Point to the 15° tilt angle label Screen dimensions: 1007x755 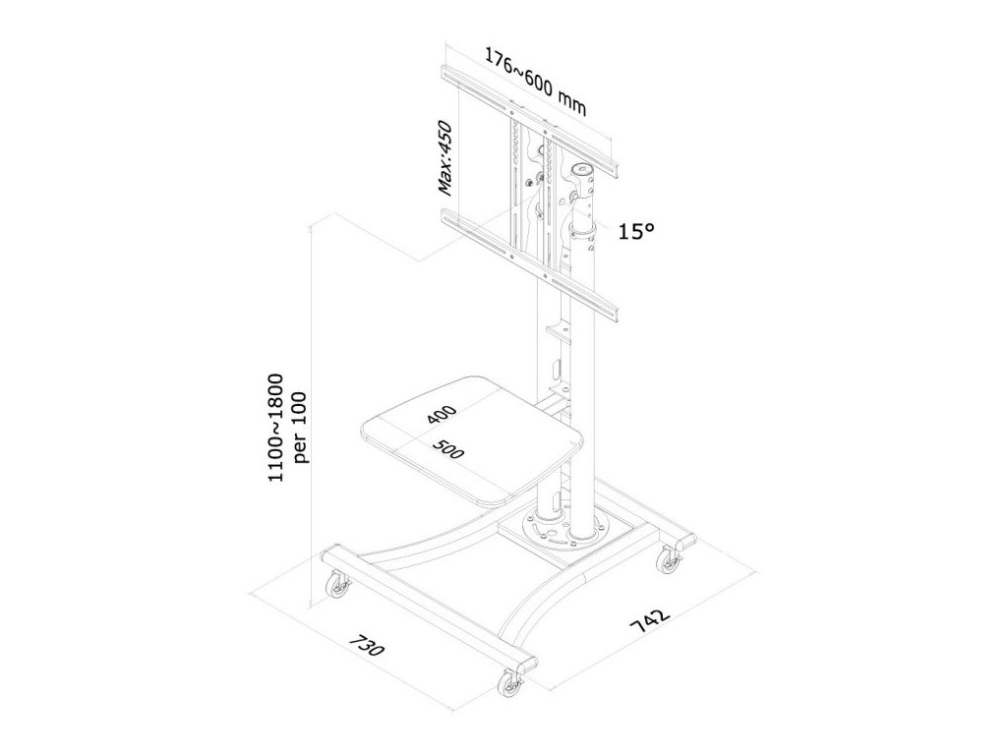(637, 232)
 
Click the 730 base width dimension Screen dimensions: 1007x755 (367, 651)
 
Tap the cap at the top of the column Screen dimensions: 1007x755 (587, 175)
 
